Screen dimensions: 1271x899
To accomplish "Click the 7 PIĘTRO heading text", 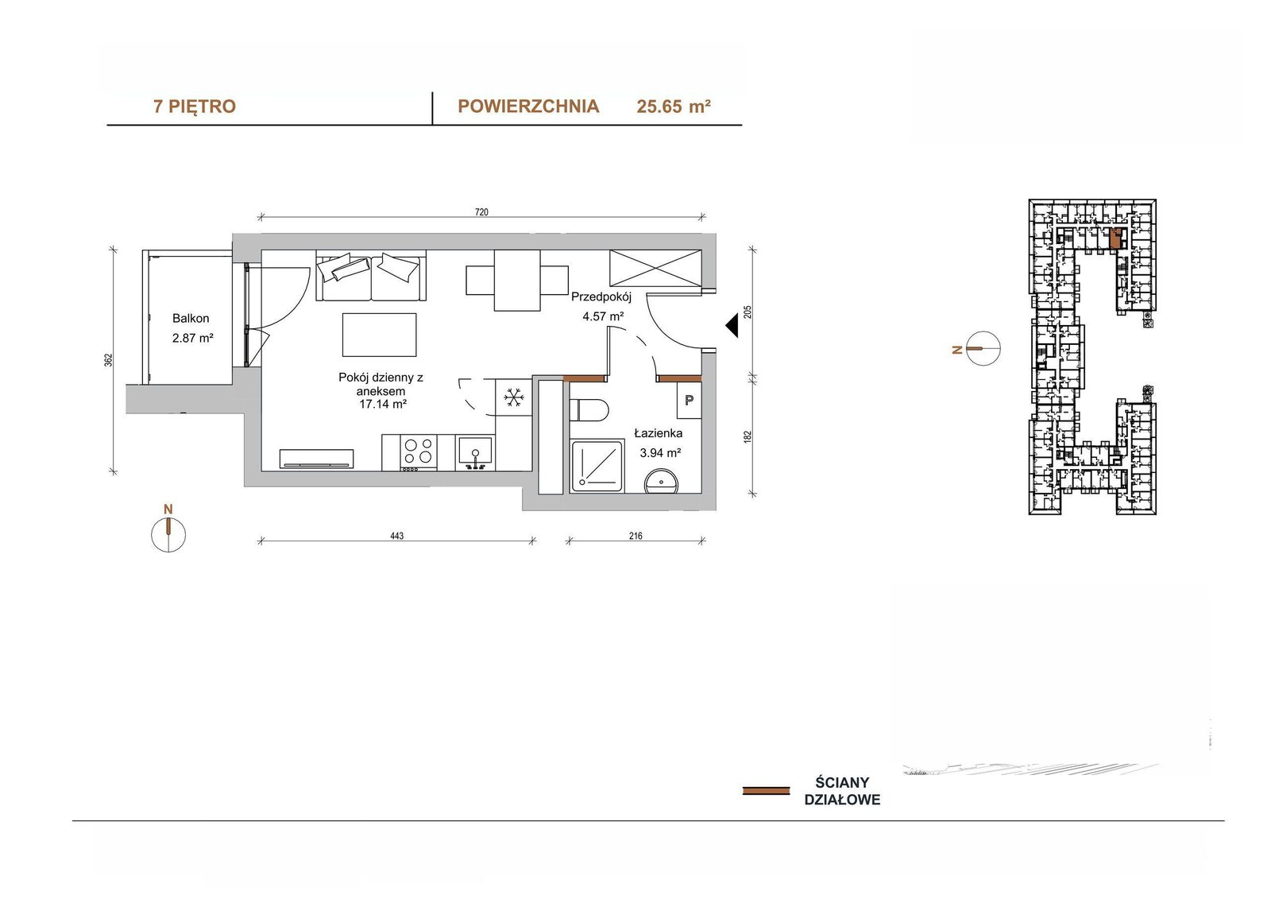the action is point(194,107).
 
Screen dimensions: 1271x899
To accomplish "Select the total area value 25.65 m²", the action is point(674,107).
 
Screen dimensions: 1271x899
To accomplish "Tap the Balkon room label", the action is point(191,319).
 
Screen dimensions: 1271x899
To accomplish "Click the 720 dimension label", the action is point(481,211).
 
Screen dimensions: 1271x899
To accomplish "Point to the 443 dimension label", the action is point(396,536).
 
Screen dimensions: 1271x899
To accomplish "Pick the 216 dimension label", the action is point(635,536).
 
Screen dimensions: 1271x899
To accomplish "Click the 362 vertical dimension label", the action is point(108,360).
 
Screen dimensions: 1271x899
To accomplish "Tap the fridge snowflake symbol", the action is point(513,397).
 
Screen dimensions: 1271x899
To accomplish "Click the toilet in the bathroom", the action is point(589,409).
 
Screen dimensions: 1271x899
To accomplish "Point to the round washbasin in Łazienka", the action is point(661,482).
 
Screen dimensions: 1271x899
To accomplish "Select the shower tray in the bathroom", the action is point(597,467).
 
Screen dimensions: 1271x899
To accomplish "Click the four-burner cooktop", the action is point(419,452).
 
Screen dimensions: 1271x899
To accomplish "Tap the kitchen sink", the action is point(475,453).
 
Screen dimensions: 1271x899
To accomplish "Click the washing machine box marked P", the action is point(689,401).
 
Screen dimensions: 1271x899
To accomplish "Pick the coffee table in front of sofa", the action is point(379,335).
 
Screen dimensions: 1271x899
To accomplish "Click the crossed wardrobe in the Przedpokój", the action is point(655,268).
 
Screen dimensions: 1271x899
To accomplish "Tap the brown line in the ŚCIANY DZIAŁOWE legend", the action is point(766,791).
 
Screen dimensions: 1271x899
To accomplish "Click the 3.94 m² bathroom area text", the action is point(660,453).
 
